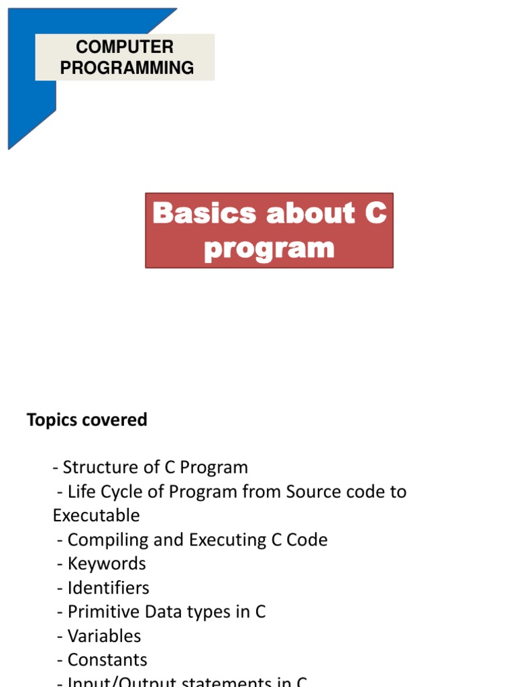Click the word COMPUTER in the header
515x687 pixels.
click(x=125, y=47)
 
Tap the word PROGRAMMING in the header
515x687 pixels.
click(x=127, y=68)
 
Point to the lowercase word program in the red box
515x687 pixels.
click(x=269, y=248)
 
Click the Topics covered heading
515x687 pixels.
click(x=87, y=420)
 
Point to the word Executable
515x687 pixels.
click(x=96, y=516)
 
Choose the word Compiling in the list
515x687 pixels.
click(x=117, y=540)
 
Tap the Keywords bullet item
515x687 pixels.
click(x=106, y=564)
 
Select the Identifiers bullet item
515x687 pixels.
click(x=108, y=588)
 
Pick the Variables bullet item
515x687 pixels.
click(x=104, y=636)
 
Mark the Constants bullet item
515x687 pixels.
click(x=107, y=660)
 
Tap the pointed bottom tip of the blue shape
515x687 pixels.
click(x=9, y=148)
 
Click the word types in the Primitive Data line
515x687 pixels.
click(x=225, y=613)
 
